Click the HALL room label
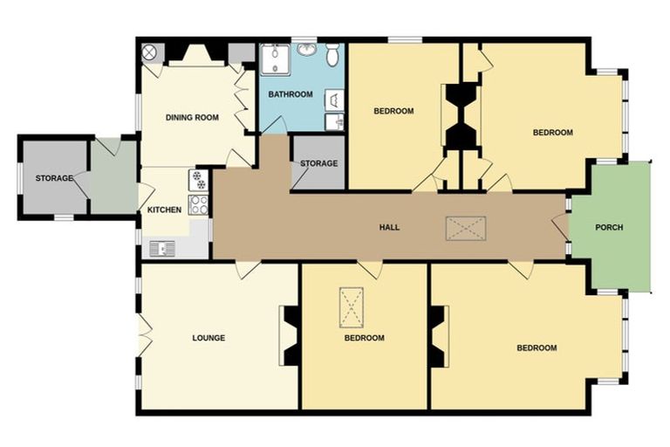[x=389, y=227]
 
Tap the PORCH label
[x=609, y=227]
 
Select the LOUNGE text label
[x=209, y=338]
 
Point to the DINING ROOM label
[x=192, y=117]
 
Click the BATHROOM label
[x=291, y=94]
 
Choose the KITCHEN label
[x=164, y=210]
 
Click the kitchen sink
[x=163, y=249]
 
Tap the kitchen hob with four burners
[x=199, y=206]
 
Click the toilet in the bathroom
[x=333, y=54]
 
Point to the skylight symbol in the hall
[x=465, y=228]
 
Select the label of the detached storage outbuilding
[x=54, y=178]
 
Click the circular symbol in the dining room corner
[x=149, y=52]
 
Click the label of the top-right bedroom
[x=553, y=133]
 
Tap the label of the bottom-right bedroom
[x=537, y=347]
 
